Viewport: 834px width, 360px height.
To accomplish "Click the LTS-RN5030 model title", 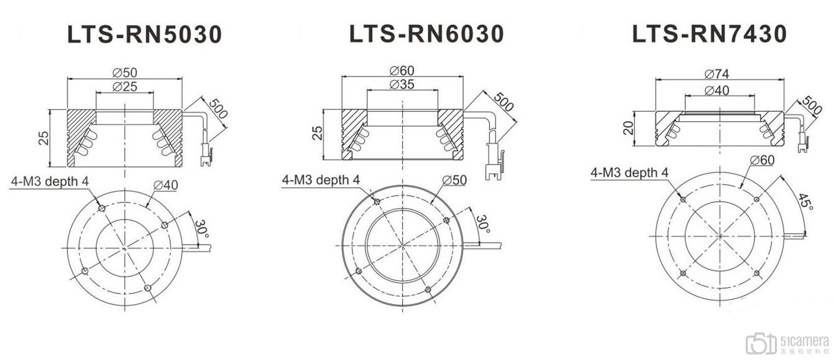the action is (x=145, y=35).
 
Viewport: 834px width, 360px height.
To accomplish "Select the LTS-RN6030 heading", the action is (x=427, y=34).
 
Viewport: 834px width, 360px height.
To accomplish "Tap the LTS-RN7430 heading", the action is (x=709, y=34).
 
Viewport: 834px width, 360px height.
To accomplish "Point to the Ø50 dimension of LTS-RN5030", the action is (x=125, y=72).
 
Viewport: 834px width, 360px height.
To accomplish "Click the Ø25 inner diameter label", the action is (x=125, y=87).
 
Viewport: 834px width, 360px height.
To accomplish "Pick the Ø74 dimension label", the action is (x=717, y=74).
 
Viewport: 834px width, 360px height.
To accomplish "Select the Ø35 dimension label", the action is (x=402, y=84).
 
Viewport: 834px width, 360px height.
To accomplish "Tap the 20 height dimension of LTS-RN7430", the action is (x=628, y=128).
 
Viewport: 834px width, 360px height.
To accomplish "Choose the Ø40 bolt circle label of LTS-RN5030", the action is (x=166, y=185).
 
